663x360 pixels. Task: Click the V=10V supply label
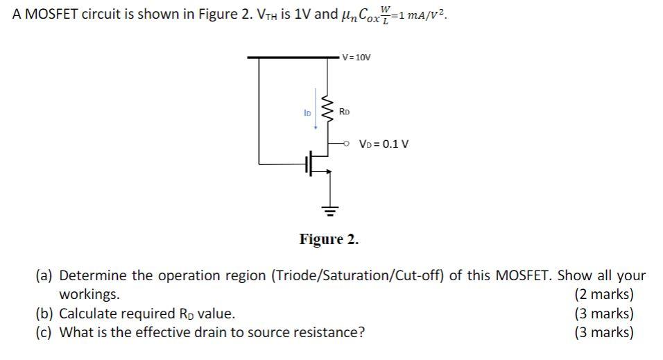pos(357,57)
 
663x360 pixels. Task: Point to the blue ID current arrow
pos(317,109)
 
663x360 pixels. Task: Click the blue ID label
pos(307,111)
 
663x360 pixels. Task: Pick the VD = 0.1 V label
pos(384,144)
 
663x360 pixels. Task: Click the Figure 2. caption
pos(329,240)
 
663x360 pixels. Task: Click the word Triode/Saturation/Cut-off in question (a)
pos(360,276)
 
